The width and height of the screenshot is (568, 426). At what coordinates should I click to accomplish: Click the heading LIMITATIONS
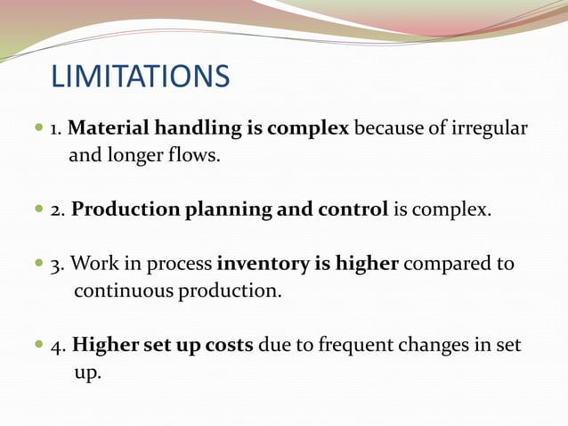coord(140,76)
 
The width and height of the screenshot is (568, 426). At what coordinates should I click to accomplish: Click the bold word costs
coord(228,346)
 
